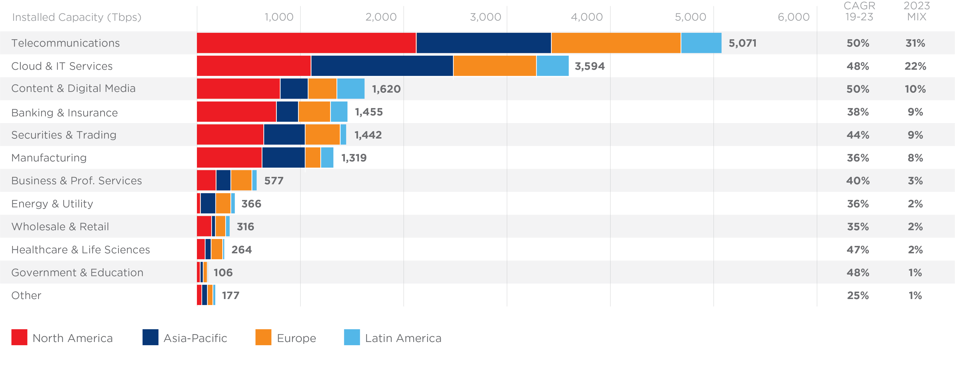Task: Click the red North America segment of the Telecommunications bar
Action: pos(306,43)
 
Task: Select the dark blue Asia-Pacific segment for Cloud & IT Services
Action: pos(382,66)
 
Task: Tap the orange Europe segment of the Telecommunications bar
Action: pos(616,43)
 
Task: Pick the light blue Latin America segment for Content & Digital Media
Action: pos(351,89)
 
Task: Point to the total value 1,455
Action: pos(368,112)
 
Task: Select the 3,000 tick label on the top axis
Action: pos(485,17)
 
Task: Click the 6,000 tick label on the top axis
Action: pos(793,17)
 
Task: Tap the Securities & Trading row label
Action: pos(64,135)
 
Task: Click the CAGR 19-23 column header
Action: pos(859,12)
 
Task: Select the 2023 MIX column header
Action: pos(916,12)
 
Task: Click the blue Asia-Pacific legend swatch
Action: pos(150,337)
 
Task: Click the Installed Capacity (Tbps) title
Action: pos(76,17)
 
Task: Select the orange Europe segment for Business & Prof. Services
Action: pos(241,181)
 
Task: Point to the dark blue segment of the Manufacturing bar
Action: pos(283,157)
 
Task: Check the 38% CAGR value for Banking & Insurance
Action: pos(858,112)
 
